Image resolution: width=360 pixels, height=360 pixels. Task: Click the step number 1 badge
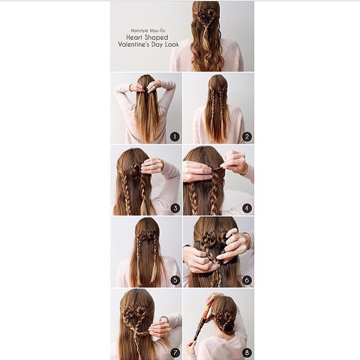click(175, 137)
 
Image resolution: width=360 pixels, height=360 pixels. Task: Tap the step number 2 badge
click(247, 137)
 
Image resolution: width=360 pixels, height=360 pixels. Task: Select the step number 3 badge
click(175, 208)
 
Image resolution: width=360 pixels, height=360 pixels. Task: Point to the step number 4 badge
click(247, 208)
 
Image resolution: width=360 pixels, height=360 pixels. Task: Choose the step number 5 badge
click(175, 280)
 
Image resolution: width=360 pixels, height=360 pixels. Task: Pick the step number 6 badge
click(247, 280)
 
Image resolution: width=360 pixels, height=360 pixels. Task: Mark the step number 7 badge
click(175, 353)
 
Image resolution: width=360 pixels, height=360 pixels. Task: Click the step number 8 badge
click(247, 353)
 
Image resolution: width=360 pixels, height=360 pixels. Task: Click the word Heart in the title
click(134, 37)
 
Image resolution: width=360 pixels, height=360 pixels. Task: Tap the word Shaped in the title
click(156, 38)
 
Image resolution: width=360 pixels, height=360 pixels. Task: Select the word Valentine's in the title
click(133, 44)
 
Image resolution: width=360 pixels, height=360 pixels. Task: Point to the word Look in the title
click(172, 44)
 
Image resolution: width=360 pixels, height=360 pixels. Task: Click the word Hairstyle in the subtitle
click(139, 30)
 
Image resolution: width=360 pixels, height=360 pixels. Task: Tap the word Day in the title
click(157, 45)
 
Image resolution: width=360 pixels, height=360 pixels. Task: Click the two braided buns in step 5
click(147, 236)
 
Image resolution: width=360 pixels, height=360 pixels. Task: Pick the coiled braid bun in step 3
click(136, 170)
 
